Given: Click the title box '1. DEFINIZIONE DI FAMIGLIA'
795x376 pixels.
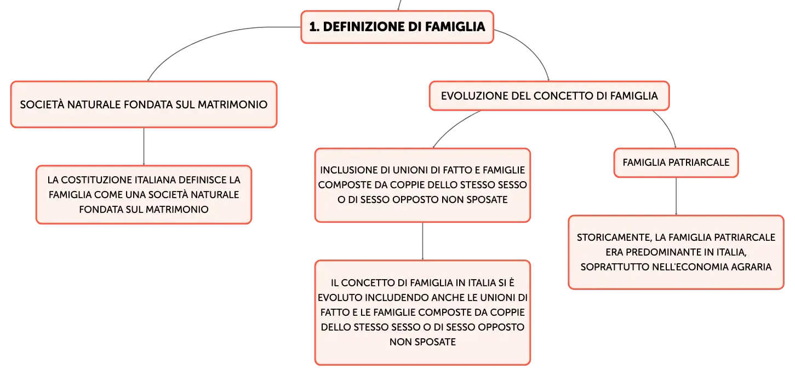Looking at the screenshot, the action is (397, 27).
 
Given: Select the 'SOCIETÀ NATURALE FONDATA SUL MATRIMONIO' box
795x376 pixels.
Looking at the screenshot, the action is (144, 104).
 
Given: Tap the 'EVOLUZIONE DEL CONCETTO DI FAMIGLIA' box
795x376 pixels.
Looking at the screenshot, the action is (550, 96).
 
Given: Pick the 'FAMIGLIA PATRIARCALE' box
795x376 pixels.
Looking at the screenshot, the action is (676, 163).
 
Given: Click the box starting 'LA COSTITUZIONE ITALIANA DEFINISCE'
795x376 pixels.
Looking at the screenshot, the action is (144, 194).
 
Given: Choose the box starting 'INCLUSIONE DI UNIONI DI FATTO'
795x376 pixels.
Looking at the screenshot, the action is (422, 185).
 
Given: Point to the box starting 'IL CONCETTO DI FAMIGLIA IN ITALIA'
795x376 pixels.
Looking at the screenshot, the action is (422, 312).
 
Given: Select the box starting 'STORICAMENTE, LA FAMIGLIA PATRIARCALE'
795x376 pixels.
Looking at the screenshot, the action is (676, 252).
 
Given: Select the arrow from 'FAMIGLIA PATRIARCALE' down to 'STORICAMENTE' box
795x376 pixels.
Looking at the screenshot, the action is (676, 196).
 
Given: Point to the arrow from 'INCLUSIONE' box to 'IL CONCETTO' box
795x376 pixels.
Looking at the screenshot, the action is (422, 241).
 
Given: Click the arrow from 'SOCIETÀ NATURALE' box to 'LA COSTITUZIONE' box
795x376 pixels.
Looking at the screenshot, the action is (144, 146).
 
